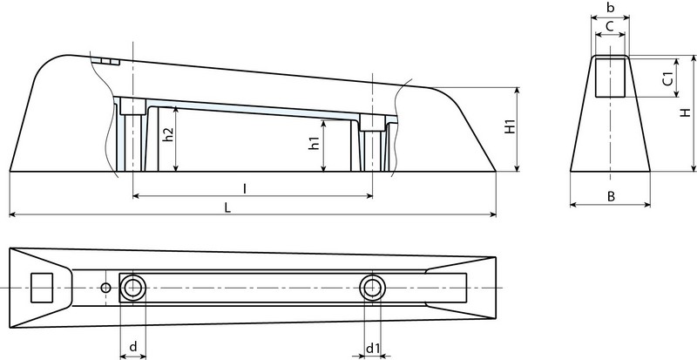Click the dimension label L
[227, 207]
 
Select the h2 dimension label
[169, 136]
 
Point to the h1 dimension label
[315, 144]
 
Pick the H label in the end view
[686, 113]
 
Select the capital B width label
[612, 197]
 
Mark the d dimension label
[132, 347]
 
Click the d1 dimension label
[373, 349]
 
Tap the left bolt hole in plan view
[133, 288]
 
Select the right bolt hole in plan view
[372, 287]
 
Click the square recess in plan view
[42, 287]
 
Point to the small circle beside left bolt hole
[105, 288]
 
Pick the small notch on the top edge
[107, 61]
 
